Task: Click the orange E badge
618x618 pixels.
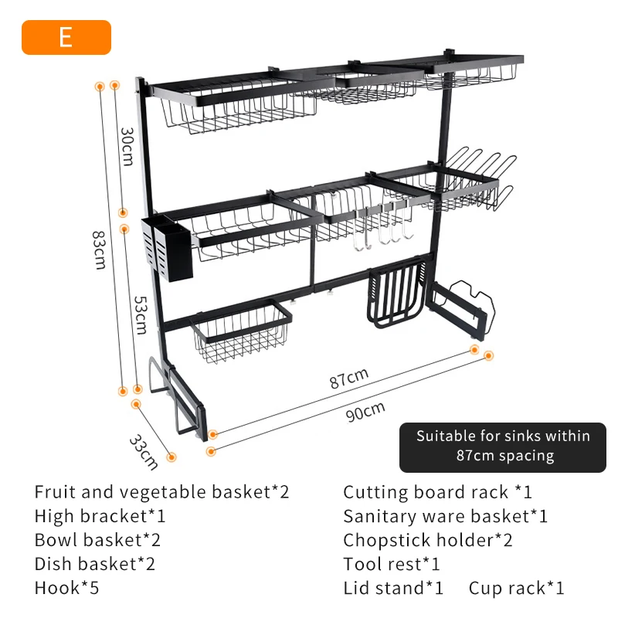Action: [66, 37]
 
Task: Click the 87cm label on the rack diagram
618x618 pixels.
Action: [348, 379]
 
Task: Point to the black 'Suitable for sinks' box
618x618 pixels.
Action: [503, 446]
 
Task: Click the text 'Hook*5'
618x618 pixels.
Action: [66, 588]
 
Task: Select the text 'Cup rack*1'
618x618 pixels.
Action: [516, 588]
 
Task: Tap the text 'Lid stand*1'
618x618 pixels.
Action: [393, 588]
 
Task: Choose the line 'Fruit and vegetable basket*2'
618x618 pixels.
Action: [161, 492]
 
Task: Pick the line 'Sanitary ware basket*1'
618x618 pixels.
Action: [445, 516]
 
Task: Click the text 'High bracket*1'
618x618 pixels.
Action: [100, 516]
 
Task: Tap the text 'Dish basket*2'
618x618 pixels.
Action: [94, 564]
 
